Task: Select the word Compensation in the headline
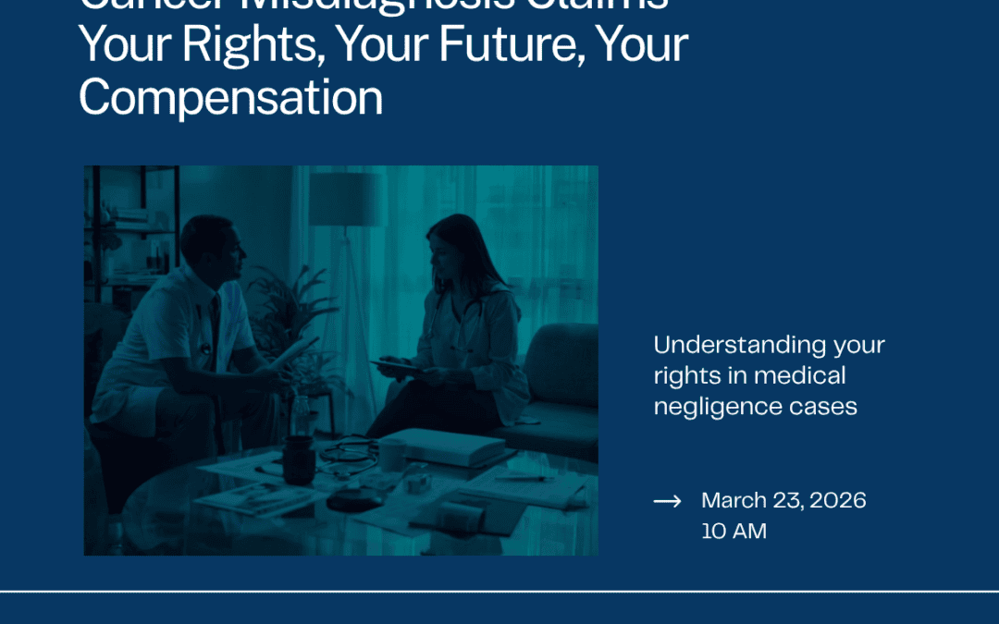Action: point(230,97)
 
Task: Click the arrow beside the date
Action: point(667,501)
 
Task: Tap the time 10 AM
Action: point(734,532)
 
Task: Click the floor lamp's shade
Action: point(345,200)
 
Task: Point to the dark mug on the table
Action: point(299,459)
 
